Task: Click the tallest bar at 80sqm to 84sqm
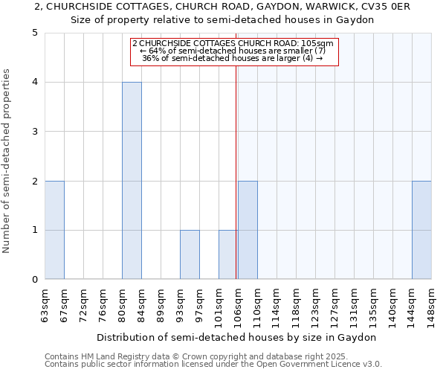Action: click(132, 181)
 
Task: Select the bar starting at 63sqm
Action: click(54, 230)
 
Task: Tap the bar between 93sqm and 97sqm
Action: click(190, 254)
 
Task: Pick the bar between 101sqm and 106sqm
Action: click(228, 254)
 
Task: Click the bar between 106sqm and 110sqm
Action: click(248, 230)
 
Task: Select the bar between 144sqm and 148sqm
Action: click(421, 230)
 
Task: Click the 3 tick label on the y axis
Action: click(34, 132)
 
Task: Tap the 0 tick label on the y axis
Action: click(34, 280)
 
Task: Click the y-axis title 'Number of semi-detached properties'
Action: click(7, 161)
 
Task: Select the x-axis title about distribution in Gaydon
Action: click(238, 337)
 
